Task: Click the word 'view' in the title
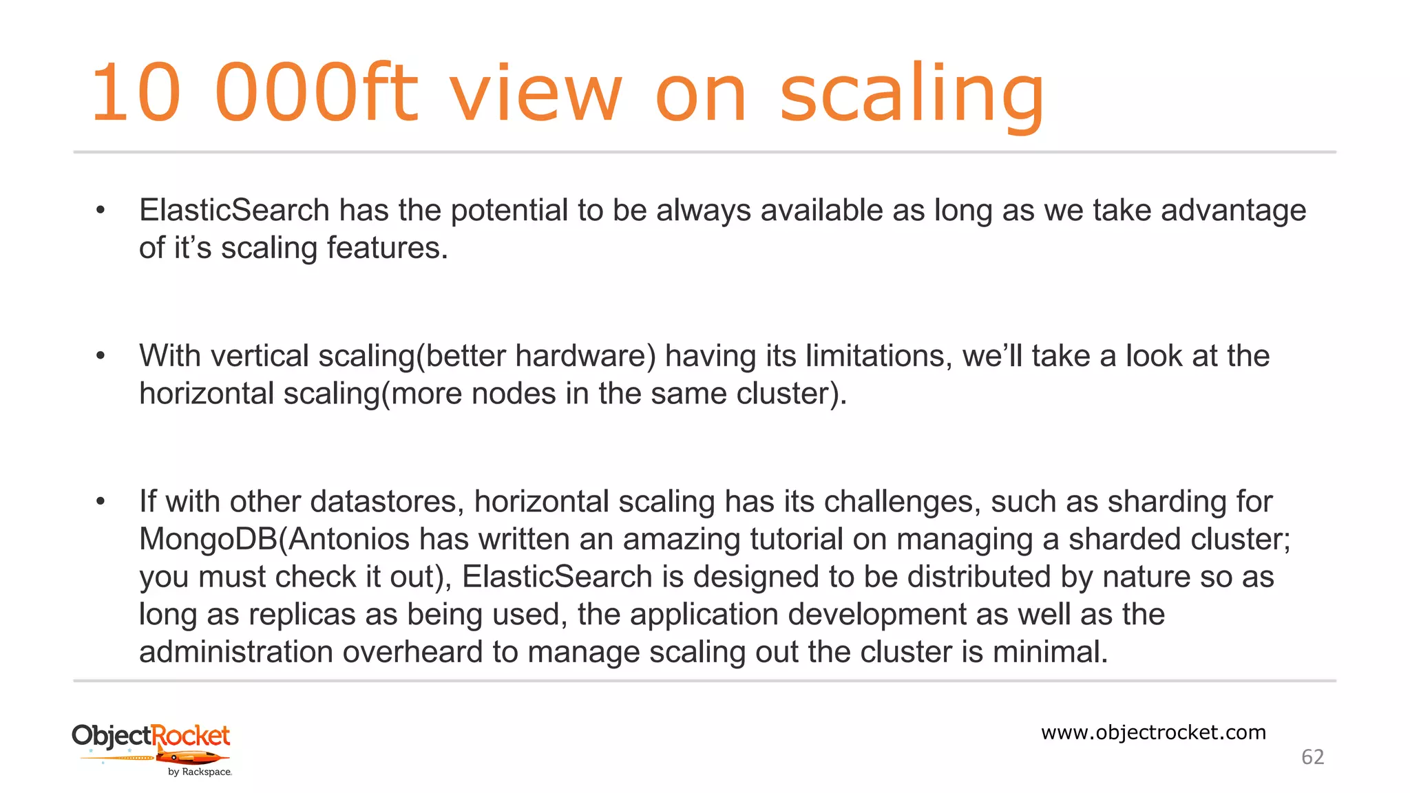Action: click(x=535, y=94)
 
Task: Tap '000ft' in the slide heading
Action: click(x=316, y=94)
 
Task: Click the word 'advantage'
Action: click(x=1233, y=210)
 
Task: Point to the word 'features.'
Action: click(x=387, y=248)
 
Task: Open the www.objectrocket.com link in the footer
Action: click(x=1153, y=732)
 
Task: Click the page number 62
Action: click(x=1312, y=757)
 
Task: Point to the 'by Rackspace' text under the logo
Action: click(x=200, y=772)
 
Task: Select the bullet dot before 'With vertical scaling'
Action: click(x=101, y=356)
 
